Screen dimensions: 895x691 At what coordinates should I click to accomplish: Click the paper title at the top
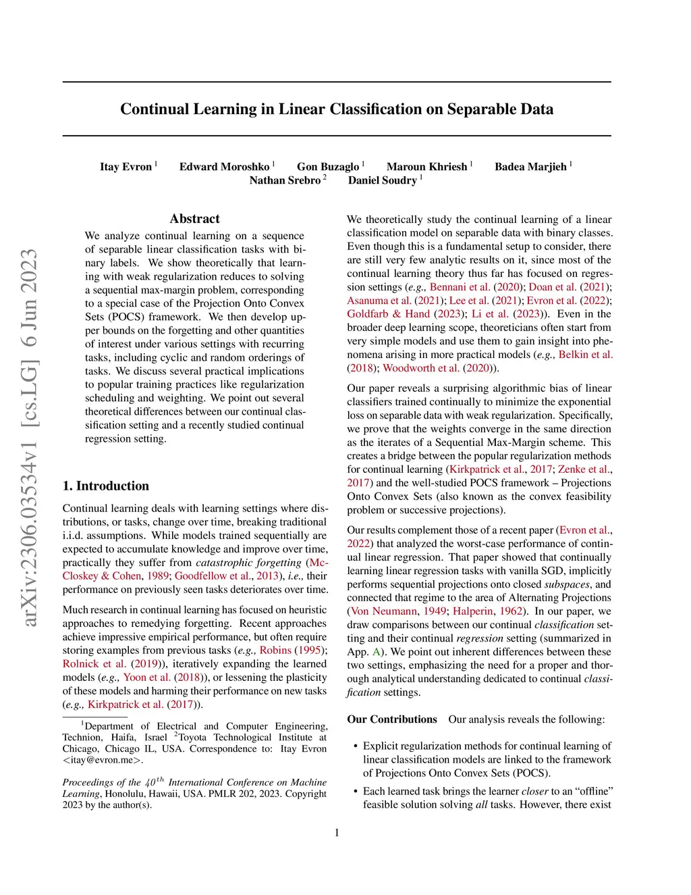pos(337,109)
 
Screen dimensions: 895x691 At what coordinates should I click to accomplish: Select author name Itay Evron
pos(126,167)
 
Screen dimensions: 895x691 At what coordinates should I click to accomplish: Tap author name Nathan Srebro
pos(285,180)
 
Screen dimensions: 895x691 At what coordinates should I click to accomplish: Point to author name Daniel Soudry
pos(383,180)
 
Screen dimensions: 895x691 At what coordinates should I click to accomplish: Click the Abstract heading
pos(194,219)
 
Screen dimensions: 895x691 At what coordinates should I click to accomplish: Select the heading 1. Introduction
pos(106,486)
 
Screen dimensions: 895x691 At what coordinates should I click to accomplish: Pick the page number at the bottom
pos(337,833)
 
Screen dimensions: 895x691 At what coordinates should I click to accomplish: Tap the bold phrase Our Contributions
pos(392,719)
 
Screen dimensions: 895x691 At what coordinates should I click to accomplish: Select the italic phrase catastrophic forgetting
pos(248,563)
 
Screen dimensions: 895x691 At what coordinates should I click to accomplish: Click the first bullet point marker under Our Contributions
pos(356,746)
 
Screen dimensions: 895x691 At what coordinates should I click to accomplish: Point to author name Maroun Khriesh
pos(426,167)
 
